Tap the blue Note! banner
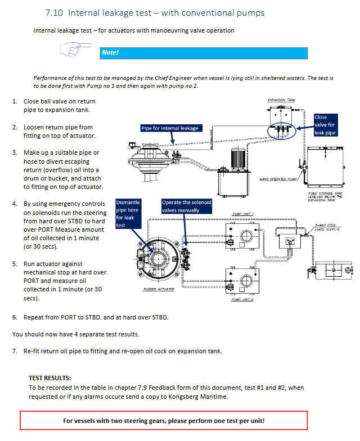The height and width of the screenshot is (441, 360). pyautogui.click(x=204, y=53)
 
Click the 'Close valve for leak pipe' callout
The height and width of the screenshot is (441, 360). pyautogui.click(x=324, y=125)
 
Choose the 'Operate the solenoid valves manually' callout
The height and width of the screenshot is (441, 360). pyautogui.click(x=186, y=206)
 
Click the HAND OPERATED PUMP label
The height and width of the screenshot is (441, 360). pyautogui.click(x=277, y=179)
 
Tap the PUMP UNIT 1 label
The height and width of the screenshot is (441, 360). pyautogui.click(x=243, y=214)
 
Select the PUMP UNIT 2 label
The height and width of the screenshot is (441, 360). pyautogui.click(x=242, y=300)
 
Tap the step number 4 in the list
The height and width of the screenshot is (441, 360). pyautogui.click(x=14, y=204)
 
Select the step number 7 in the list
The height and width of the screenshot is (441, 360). pyautogui.click(x=14, y=351)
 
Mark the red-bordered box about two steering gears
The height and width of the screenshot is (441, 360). pyautogui.click(x=164, y=421)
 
